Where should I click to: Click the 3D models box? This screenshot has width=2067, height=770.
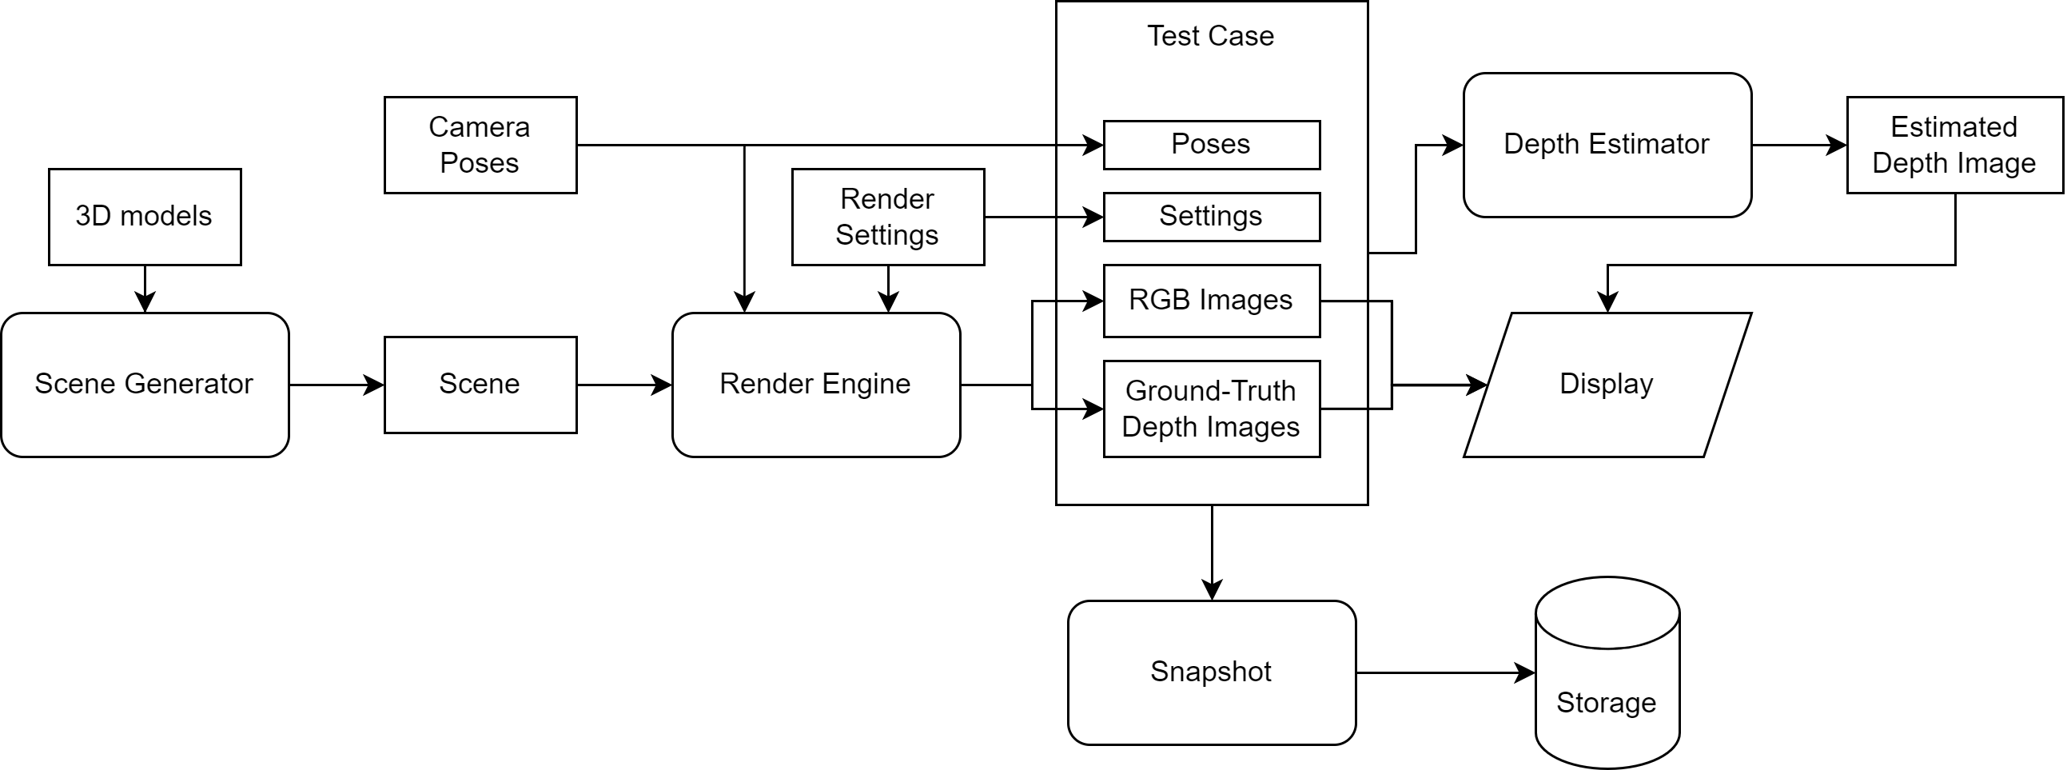145,217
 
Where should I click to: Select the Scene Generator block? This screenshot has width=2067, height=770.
145,385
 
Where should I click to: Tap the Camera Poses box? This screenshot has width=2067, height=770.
480,146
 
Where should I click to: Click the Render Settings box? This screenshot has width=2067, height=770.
887,217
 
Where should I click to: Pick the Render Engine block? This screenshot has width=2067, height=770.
815,385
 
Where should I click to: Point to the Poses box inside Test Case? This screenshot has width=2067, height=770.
1211,146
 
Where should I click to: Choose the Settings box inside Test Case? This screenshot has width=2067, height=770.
1211,217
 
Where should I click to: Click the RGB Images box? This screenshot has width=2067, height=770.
1211,301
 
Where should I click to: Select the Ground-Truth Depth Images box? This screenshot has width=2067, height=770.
1211,409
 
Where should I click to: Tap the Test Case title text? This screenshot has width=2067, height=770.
1210,36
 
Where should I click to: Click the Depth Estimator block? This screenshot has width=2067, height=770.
1607,146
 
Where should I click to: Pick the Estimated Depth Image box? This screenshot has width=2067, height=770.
1953,146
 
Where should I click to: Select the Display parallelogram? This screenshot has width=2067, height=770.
1607,385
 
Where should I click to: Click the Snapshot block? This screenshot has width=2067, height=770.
1211,672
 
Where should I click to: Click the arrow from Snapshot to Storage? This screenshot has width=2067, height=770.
1444,672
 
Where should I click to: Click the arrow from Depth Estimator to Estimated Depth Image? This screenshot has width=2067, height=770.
1798,146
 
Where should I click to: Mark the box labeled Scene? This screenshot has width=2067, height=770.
480,385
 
